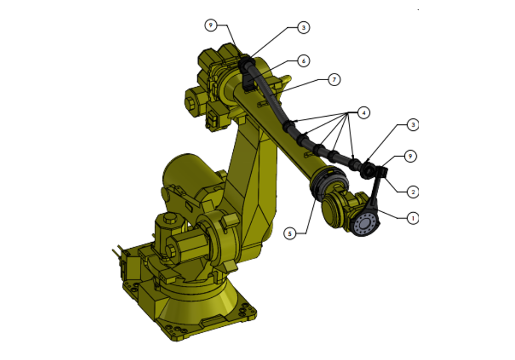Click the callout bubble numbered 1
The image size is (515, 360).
click(x=413, y=218)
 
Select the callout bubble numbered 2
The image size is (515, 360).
click(x=413, y=191)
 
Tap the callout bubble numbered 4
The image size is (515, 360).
click(x=363, y=113)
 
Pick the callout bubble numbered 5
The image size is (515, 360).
click(x=290, y=233)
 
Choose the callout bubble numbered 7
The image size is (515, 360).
click(x=334, y=80)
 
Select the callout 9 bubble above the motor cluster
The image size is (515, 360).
click(x=211, y=25)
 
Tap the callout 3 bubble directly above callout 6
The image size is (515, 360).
click(x=304, y=27)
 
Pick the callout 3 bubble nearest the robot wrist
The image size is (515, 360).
click(x=413, y=125)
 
